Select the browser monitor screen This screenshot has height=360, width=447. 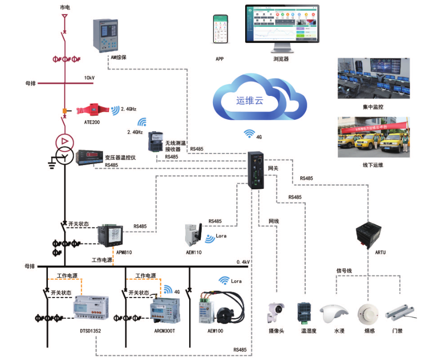click(282, 25)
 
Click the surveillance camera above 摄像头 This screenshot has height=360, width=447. click(276, 312)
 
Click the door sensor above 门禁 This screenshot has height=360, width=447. click(401, 313)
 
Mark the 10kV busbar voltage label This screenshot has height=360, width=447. click(89, 78)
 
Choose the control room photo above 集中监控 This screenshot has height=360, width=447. click(372, 79)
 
